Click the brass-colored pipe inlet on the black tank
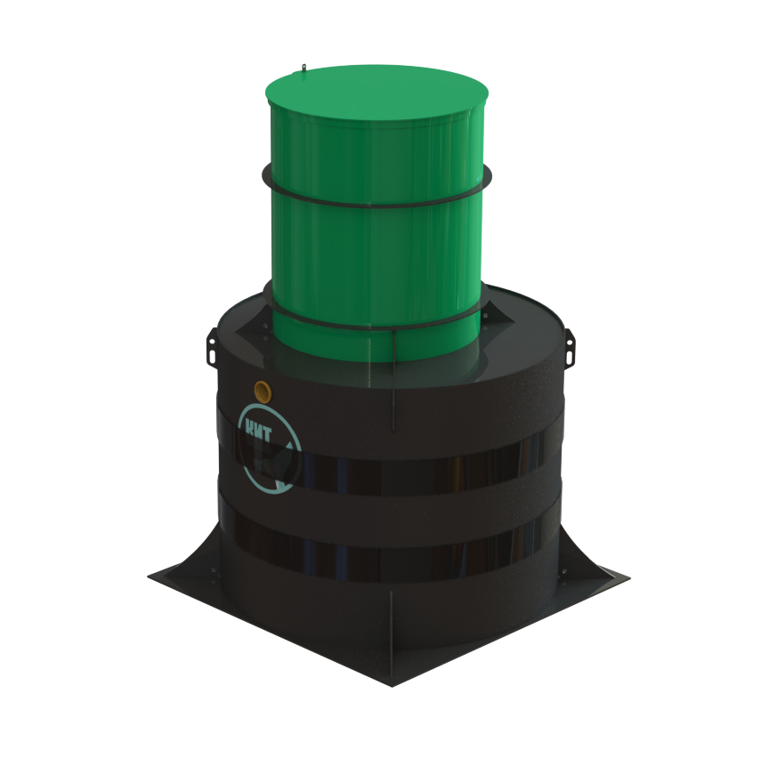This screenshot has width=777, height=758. [263, 391]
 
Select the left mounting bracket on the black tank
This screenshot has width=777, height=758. [212, 346]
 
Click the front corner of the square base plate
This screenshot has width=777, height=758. [392, 686]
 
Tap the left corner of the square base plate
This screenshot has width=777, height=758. [149, 577]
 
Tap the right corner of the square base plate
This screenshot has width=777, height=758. [629, 577]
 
